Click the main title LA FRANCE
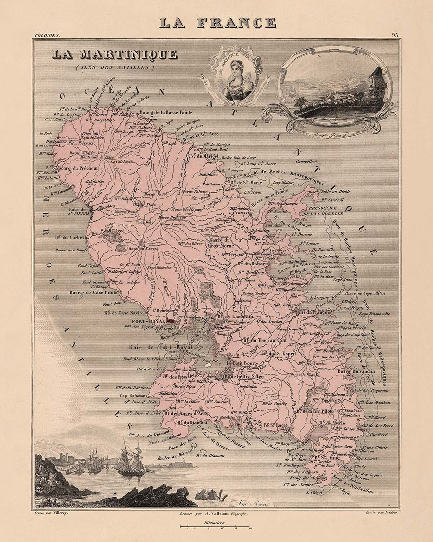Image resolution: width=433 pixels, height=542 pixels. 217,23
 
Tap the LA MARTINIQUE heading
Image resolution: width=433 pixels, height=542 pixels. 115,54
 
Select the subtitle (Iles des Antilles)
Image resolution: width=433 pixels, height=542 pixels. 115,67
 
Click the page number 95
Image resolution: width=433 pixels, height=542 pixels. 395,35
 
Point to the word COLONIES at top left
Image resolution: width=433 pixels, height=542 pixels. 47,36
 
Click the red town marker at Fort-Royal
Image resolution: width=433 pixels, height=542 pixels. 171,320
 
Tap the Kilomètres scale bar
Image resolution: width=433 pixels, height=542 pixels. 216,527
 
